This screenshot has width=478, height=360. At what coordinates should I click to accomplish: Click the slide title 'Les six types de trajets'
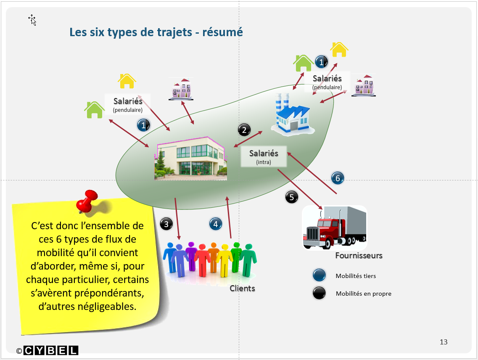pyautogui.click(x=156, y=32)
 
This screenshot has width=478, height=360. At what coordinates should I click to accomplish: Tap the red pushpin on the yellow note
pyautogui.click(x=87, y=201)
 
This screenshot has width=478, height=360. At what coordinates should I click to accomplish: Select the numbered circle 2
pyautogui.click(x=244, y=130)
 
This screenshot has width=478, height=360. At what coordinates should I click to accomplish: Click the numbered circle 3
pyautogui.click(x=166, y=224)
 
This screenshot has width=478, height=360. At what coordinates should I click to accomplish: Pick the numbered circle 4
pyautogui.click(x=216, y=224)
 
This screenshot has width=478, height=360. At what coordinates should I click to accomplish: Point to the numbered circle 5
pyautogui.click(x=292, y=197)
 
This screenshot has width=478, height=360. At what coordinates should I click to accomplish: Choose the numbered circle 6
pyautogui.click(x=338, y=178)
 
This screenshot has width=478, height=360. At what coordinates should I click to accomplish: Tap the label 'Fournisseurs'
pyautogui.click(x=359, y=255)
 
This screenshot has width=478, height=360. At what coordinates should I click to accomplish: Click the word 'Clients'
pyautogui.click(x=242, y=289)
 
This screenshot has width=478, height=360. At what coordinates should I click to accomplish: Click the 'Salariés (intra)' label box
pyautogui.click(x=264, y=156)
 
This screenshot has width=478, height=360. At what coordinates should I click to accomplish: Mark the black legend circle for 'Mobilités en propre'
pyautogui.click(x=320, y=293)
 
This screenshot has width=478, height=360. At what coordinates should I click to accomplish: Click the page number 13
pyautogui.click(x=444, y=342)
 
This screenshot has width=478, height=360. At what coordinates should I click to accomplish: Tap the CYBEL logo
pyautogui.click(x=51, y=350)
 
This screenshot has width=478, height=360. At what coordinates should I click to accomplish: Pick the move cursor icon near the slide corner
pyautogui.click(x=32, y=19)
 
